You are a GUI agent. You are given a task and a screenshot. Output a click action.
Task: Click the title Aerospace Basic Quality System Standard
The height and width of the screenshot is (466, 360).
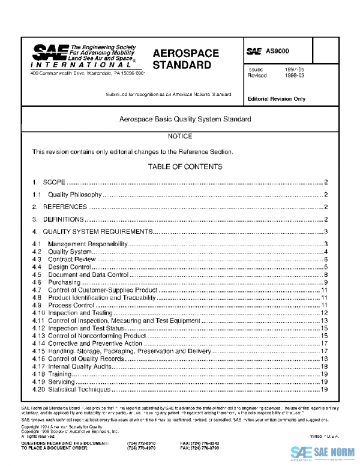point(180,120)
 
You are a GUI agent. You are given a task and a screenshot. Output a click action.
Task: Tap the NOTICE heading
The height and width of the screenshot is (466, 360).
point(180,137)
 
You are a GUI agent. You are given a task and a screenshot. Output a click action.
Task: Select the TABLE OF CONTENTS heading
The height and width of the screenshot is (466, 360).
point(180,166)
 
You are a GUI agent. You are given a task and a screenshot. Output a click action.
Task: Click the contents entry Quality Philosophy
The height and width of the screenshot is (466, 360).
point(75,195)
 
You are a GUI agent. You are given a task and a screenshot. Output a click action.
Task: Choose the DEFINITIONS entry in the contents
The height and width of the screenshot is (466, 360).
point(64,220)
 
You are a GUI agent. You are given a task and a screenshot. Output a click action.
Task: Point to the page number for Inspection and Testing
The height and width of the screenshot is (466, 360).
point(323,313)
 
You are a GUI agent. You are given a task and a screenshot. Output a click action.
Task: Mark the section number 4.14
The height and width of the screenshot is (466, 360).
point(38,343)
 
